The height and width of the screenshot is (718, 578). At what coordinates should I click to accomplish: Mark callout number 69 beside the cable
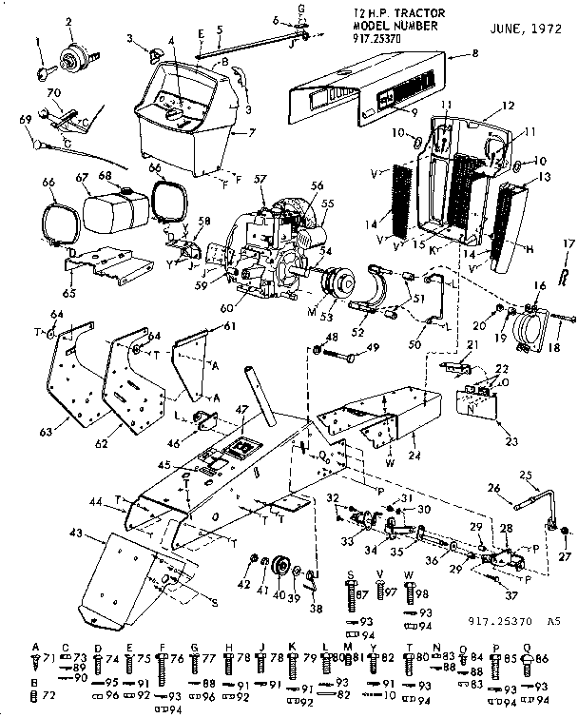(x=27, y=119)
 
